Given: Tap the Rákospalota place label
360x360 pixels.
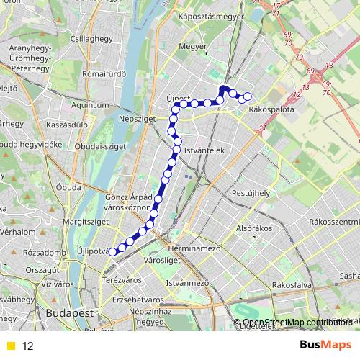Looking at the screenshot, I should click(x=268, y=110).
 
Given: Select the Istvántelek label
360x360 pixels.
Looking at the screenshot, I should click(x=205, y=150).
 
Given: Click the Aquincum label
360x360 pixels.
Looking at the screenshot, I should click(x=90, y=104).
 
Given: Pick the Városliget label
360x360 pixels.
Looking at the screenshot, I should click(x=159, y=258).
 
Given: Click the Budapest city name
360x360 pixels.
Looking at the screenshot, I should click(x=70, y=315).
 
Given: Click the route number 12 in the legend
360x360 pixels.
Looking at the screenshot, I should click(x=28, y=346).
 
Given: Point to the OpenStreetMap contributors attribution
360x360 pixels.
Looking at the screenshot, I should click(x=296, y=322).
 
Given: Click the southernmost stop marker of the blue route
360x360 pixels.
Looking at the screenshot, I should click(x=112, y=251).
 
